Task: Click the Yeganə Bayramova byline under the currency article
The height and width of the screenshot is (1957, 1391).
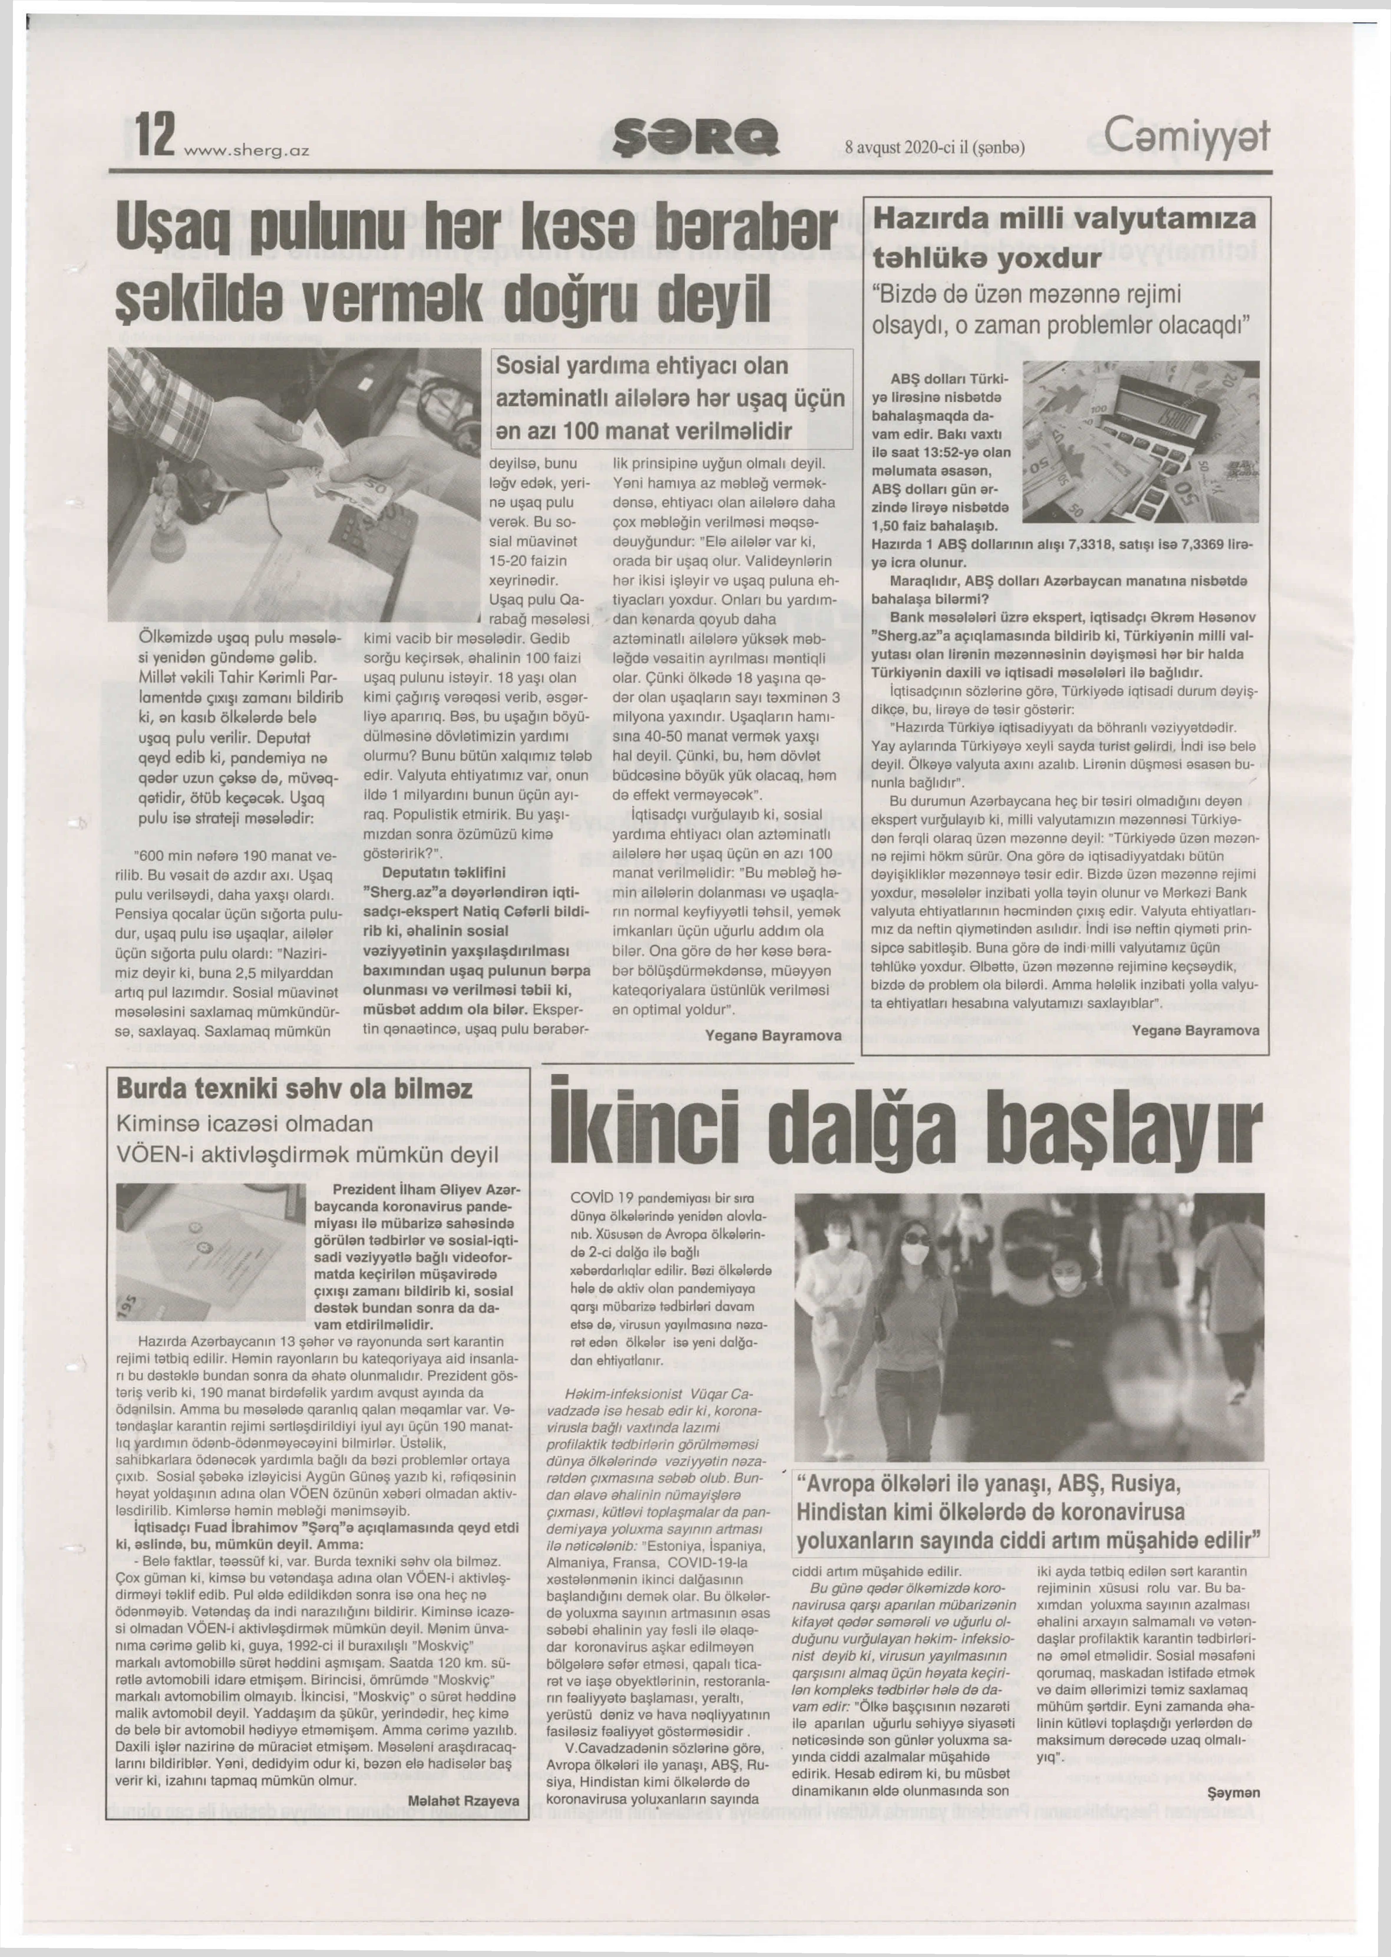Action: pyautogui.click(x=1195, y=1030)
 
